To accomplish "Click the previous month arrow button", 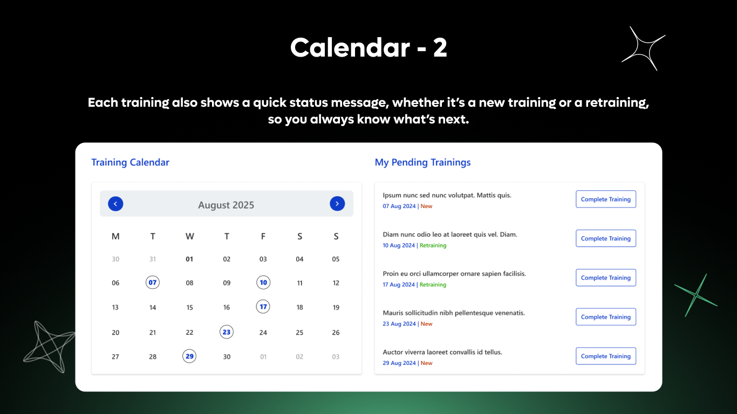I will point(115,204).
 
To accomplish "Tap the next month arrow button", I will point(337,204).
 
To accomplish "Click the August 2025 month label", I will point(226,205).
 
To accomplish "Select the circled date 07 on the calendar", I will point(153,282).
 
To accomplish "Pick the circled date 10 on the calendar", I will point(263,282).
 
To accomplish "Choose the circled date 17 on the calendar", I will point(263,307).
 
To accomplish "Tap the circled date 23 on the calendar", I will point(227,332).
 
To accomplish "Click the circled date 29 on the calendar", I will point(189,356).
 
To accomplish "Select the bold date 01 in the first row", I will point(189,259).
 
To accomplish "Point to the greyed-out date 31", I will point(153,259).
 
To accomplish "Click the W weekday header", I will point(189,236).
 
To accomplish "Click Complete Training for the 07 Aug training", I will point(605,199).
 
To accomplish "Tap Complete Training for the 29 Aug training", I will point(605,356).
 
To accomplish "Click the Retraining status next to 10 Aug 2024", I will point(433,245).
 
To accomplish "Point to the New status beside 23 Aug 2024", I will point(426,324).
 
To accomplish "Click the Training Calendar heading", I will point(130,162).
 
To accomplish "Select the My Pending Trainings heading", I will point(422,162).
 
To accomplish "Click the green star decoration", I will point(696,295).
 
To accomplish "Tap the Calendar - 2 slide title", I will point(368,48).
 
